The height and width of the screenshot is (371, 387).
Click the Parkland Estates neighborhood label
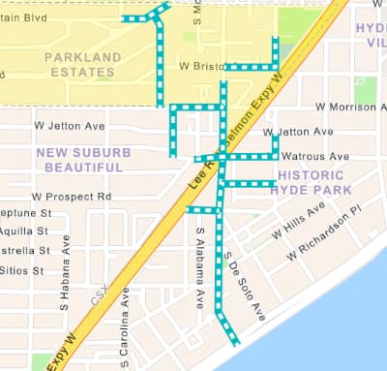click(x=83, y=64)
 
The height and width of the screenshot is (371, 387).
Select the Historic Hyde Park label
click(x=314, y=183)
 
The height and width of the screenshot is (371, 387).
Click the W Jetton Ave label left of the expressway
click(x=69, y=125)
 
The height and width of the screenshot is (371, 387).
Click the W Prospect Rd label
click(x=73, y=197)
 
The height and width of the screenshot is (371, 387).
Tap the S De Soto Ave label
click(x=244, y=287)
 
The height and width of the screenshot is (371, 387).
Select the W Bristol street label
click(x=201, y=66)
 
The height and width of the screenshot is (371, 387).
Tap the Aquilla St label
click(x=24, y=232)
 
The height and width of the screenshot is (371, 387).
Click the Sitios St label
click(x=22, y=270)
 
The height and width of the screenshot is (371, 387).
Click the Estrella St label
click(x=24, y=251)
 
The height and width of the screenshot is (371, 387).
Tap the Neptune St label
click(x=25, y=213)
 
